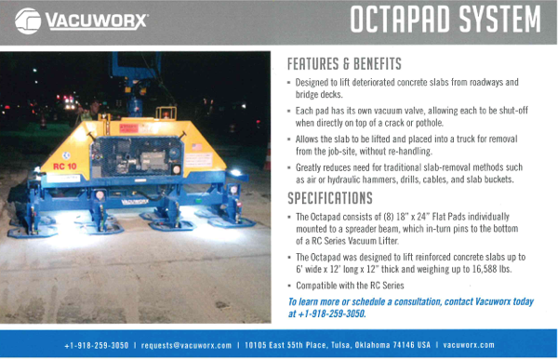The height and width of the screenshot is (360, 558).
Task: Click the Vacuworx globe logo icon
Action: (28, 21)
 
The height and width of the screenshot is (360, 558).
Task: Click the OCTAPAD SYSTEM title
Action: (445, 20)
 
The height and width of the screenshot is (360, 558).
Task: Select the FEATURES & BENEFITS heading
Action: (344, 64)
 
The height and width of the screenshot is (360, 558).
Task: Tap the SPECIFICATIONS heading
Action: (330, 198)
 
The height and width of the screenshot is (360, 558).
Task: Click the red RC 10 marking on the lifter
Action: (65, 167)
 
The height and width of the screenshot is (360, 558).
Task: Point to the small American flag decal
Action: (197, 147)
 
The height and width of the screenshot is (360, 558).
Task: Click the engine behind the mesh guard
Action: (137, 157)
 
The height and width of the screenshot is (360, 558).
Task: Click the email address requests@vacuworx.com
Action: (186, 345)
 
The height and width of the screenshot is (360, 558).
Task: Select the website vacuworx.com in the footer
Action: (469, 345)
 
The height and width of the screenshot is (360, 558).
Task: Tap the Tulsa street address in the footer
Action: (338, 345)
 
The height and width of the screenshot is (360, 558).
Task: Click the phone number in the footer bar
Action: (97, 345)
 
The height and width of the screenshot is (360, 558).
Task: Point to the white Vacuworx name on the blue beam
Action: (135, 202)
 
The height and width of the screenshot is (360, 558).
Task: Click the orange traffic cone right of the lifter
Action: (267, 156)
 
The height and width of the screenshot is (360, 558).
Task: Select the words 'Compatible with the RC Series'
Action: (351, 286)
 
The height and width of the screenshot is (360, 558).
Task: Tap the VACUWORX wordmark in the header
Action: (97, 21)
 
